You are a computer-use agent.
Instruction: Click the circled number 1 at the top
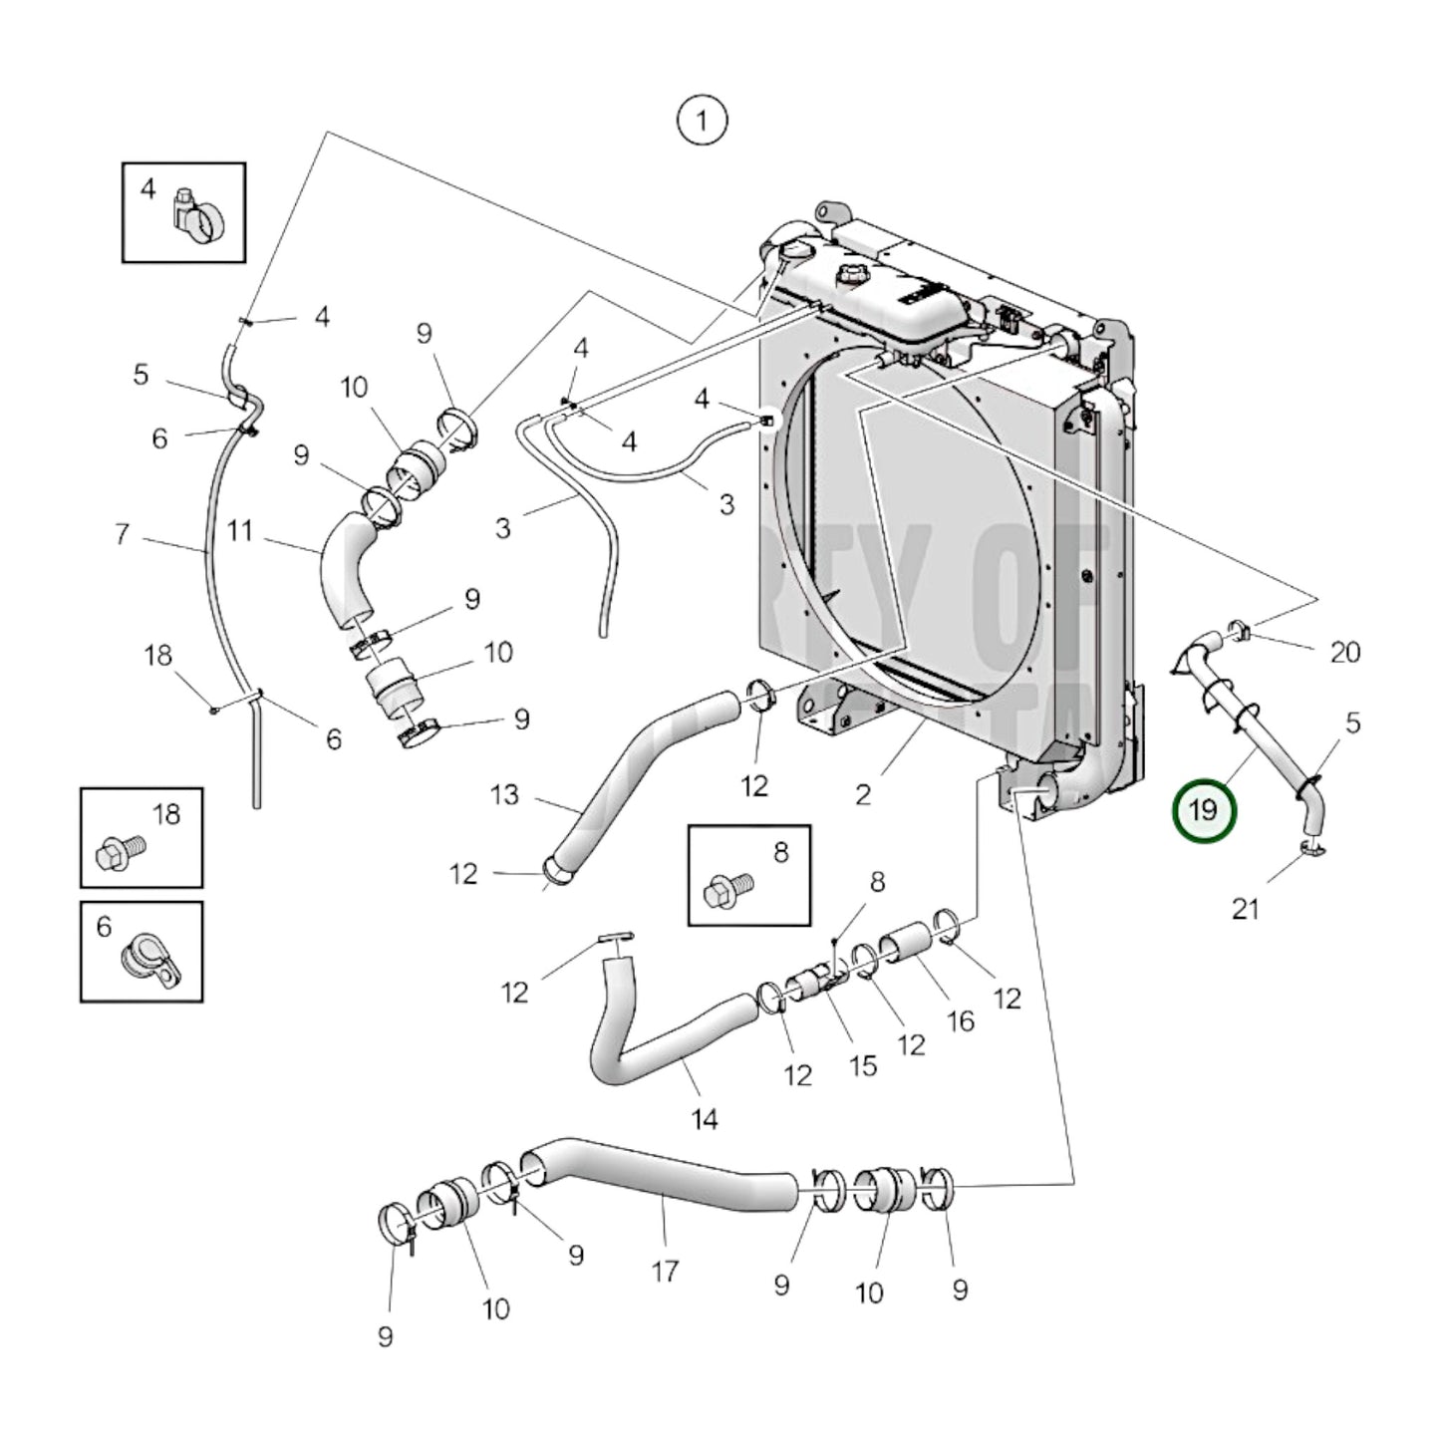(x=702, y=121)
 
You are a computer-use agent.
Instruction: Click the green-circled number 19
(x=1203, y=809)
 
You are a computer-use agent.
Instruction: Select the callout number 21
(x=1246, y=908)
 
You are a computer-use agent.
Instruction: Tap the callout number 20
(x=1344, y=652)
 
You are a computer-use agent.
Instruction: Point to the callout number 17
(x=665, y=1271)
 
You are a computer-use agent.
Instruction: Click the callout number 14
(x=705, y=1119)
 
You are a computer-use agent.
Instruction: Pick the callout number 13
(x=505, y=794)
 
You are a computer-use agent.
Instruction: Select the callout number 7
(x=122, y=534)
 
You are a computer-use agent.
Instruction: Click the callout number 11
(x=239, y=530)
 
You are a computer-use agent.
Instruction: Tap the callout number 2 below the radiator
(x=863, y=794)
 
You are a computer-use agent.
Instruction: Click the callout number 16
(x=960, y=1020)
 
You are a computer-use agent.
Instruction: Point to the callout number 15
(x=863, y=1064)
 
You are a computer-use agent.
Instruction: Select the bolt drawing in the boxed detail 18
(x=121, y=853)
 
